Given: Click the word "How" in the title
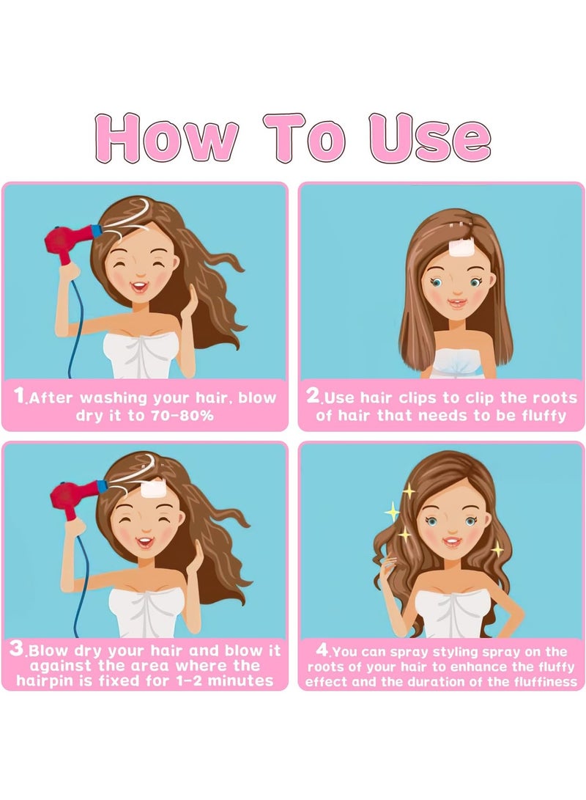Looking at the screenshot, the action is pyautogui.click(x=166, y=138).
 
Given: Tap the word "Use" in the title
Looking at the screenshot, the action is pyautogui.click(x=429, y=138).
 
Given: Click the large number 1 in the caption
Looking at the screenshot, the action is pyautogui.click(x=19, y=395).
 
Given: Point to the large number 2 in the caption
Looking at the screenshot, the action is pyautogui.click(x=313, y=395).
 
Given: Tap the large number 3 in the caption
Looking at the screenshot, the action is pyautogui.click(x=17, y=649).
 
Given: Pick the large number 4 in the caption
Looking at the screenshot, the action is pyautogui.click(x=322, y=650).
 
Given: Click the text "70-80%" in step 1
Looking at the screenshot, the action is pyautogui.click(x=182, y=415).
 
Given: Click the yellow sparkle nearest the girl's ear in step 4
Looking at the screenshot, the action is pyautogui.click(x=497, y=549).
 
